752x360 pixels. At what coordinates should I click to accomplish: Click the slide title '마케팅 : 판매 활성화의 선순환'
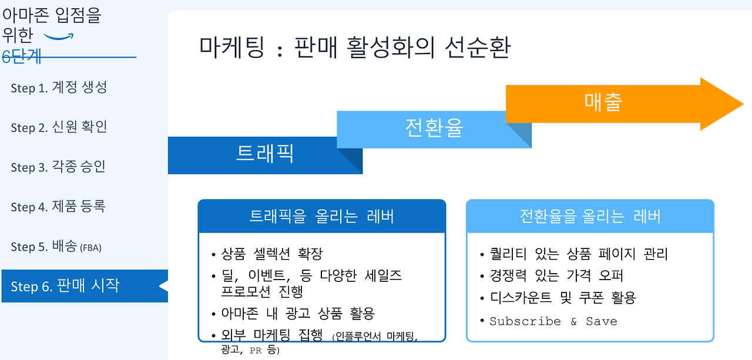354,47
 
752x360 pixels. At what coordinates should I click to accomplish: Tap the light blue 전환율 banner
434,128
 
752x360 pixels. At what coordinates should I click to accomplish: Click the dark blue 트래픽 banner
264,154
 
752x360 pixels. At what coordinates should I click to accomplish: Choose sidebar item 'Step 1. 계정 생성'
59,88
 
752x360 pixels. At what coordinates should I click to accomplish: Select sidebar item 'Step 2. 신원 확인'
59,127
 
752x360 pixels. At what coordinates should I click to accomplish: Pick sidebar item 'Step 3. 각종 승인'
58,167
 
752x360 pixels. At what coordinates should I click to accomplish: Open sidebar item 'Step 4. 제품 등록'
58,207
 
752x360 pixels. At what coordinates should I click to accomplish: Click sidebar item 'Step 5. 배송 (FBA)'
56,247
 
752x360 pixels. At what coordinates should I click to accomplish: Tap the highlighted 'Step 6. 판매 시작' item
65,286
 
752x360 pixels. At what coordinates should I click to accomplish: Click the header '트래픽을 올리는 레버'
321,217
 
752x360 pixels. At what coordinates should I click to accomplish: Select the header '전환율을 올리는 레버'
590,217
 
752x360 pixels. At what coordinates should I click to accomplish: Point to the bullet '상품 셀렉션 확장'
271,254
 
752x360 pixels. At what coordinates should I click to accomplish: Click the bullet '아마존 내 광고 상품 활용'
297,313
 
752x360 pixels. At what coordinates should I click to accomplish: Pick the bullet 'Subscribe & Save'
553,321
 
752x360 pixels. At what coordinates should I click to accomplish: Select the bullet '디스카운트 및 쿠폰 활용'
563,298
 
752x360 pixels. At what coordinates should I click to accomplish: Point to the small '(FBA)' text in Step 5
90,248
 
